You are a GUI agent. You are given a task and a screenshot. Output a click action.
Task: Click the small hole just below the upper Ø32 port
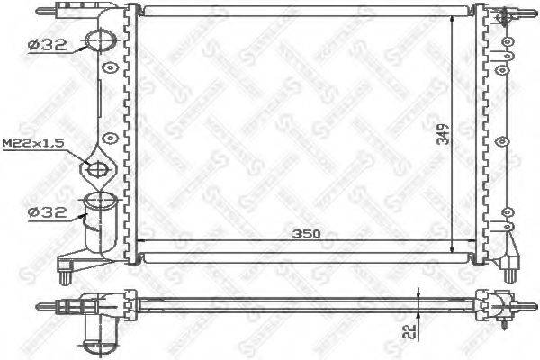110,68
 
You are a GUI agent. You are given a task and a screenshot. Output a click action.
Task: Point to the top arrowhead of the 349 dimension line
450,17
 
